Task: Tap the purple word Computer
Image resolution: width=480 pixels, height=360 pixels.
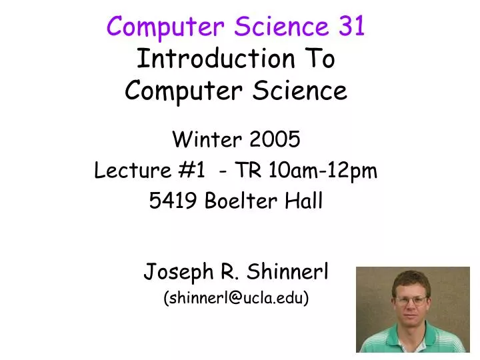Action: [155, 26]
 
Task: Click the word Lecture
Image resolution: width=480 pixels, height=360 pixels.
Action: [129, 171]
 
